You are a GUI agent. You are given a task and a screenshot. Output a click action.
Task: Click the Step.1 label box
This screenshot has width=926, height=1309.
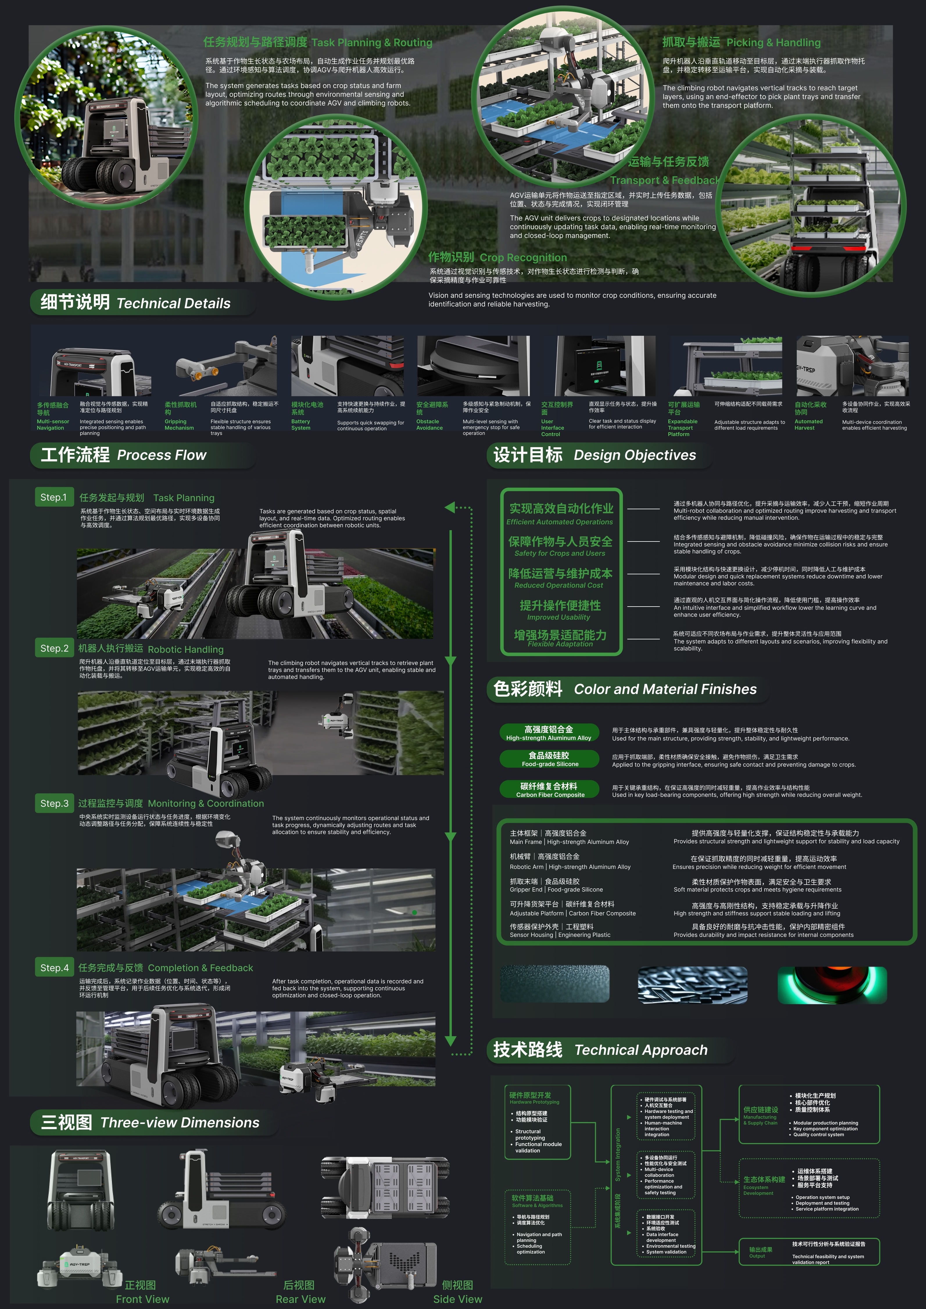(x=53, y=497)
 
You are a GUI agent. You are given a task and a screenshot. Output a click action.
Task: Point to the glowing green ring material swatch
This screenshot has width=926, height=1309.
(x=832, y=985)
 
